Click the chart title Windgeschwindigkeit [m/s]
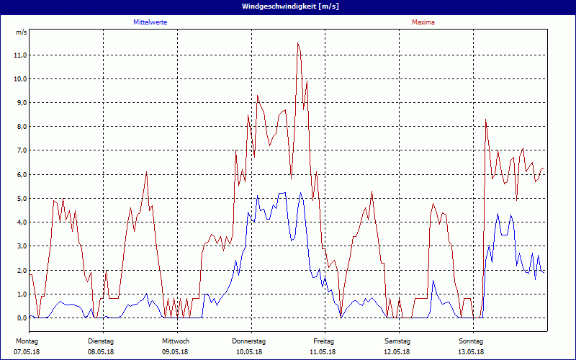288,6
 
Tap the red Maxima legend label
423,22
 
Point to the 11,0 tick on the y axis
20,55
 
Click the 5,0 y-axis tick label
20,198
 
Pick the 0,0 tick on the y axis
20,318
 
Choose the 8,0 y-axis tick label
20,127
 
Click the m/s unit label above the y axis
21,33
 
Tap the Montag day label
27,341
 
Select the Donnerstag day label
249,341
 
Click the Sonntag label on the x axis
471,341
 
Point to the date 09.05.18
175,352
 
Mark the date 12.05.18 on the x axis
397,352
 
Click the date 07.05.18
27,352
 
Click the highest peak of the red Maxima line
297,43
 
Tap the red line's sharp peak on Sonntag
486,120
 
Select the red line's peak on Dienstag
146,173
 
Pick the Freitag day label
324,341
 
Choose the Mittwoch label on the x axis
176,341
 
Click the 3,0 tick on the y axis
20,246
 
